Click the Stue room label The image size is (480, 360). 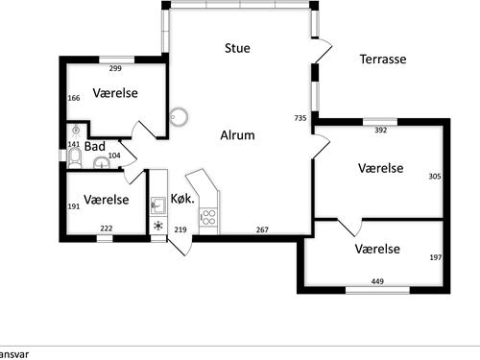click(238, 48)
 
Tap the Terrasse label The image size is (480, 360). click(383, 60)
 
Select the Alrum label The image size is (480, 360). click(236, 135)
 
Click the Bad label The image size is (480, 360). click(95, 147)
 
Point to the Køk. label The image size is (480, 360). click(182, 200)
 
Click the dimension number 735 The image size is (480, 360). click(300, 117)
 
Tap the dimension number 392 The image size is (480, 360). click(379, 130)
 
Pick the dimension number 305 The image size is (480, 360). click(434, 177)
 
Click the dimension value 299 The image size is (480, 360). click(115, 69)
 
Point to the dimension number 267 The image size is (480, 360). click(262, 229)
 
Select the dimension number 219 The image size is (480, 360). click(180, 229)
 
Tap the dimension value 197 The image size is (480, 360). click(435, 258)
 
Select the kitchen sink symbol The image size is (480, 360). click(157, 204)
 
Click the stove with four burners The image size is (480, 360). click(207, 216)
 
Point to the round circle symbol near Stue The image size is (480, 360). click(179, 117)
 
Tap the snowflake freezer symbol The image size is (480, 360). click(157, 226)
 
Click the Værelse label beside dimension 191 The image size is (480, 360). click(107, 200)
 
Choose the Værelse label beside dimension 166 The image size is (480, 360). click(116, 93)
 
